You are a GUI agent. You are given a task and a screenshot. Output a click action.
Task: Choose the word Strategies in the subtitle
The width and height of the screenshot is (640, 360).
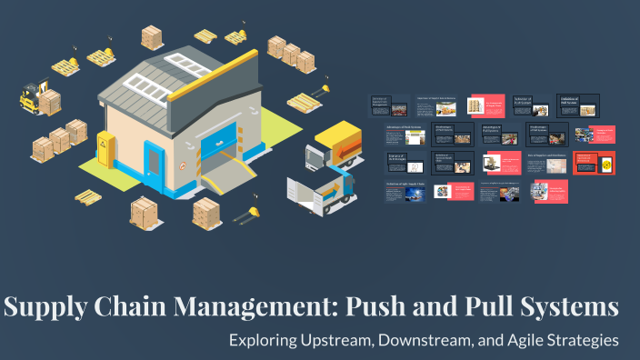[584, 341]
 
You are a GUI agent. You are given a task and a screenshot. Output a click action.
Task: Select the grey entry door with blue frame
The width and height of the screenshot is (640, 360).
[154, 162]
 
